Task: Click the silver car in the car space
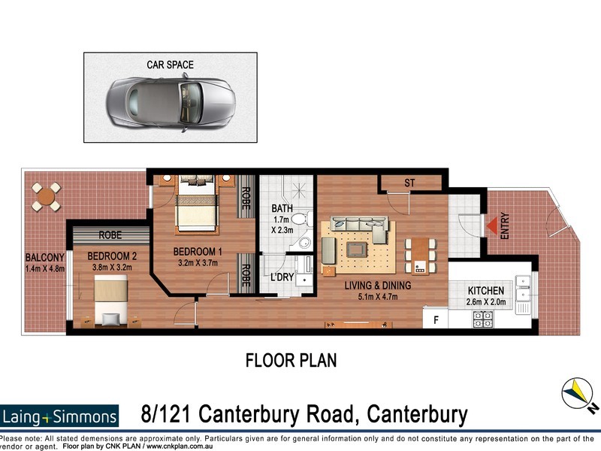[x=170, y=101]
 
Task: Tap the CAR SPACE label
[x=170, y=65]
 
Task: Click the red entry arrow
[x=490, y=225]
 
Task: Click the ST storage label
[x=409, y=183]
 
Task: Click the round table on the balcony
[x=47, y=197]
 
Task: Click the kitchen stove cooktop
[x=482, y=318]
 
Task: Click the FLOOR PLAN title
[x=291, y=360]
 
